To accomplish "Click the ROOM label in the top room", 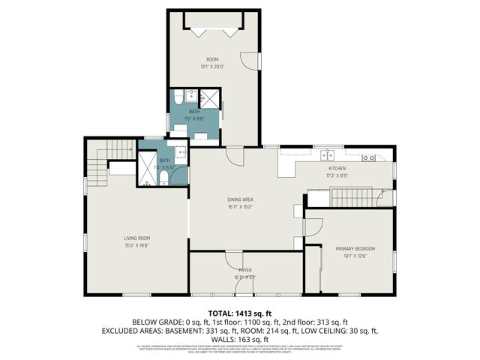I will tap(213, 59).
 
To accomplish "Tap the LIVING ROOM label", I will tap(137, 238).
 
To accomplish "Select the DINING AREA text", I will tap(240, 199).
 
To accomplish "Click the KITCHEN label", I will tap(337, 168).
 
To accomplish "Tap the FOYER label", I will tap(245, 269).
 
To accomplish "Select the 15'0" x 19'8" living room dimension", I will tap(137, 245).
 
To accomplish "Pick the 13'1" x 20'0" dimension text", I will tap(213, 67).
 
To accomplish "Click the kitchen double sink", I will tap(327, 157).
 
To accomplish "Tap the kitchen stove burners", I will tap(369, 157).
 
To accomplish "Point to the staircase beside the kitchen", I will tap(345, 198).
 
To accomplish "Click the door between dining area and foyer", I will tap(234, 259).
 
